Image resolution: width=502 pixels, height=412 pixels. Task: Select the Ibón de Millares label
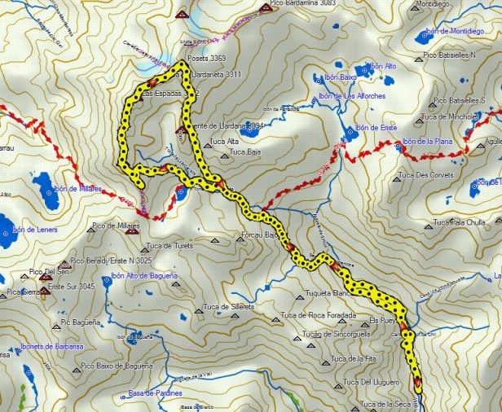pyautogui.click(x=79, y=189)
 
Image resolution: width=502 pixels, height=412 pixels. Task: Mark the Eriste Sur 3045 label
pyautogui.click(x=72, y=287)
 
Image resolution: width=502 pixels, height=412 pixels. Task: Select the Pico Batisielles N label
pyautogui.click(x=449, y=55)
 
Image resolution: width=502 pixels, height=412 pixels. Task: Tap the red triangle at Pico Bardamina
pyautogui.click(x=265, y=7)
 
